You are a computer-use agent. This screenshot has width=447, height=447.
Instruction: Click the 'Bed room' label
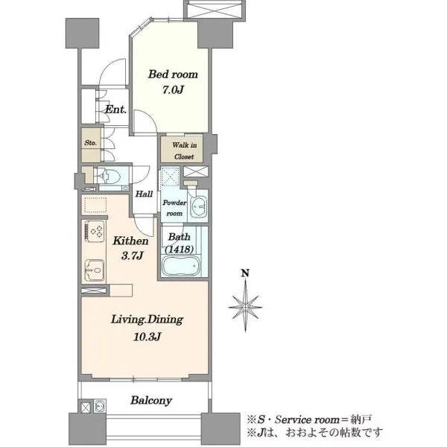173,74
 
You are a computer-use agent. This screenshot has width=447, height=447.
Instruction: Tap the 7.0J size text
173,90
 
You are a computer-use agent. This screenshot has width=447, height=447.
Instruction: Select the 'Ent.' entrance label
115,110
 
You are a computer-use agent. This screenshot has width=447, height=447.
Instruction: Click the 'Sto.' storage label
91,143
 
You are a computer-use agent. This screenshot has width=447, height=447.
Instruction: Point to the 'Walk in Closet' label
184,150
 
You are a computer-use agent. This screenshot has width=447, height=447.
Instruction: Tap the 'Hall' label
144,194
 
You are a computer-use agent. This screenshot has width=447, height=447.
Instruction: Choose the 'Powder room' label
174,208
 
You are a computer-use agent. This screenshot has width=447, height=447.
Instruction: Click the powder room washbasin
199,206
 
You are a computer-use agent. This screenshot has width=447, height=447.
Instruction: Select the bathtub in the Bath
181,265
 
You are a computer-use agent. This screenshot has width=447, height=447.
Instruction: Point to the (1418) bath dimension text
180,250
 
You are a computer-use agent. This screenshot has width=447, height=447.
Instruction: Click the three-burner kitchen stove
95,231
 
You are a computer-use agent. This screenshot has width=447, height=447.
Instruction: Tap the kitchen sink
95,270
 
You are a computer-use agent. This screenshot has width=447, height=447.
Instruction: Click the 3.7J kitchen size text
132,256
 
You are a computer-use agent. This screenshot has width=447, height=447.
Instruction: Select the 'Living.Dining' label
147,320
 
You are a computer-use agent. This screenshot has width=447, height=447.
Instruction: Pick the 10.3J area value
147,337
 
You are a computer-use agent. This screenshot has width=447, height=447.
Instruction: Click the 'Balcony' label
151,401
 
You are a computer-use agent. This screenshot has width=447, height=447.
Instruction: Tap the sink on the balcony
100,406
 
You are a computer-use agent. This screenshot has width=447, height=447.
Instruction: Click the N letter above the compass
245,273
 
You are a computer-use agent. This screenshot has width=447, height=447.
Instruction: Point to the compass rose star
245,307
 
